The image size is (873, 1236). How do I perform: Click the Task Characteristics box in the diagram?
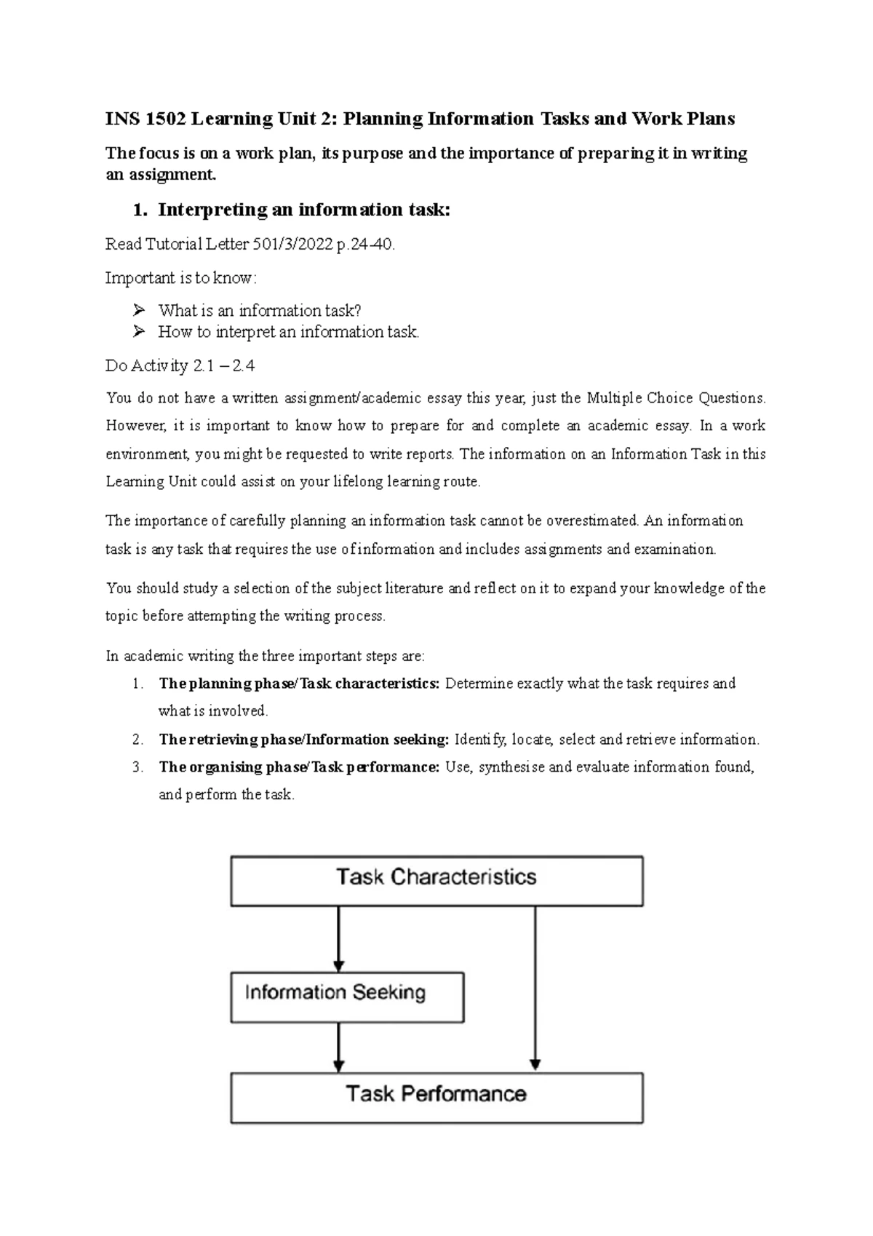(x=436, y=880)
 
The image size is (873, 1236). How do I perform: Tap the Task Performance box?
(x=436, y=1097)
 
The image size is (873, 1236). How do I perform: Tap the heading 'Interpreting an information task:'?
(x=304, y=210)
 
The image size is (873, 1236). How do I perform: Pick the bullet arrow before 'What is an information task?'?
(x=140, y=311)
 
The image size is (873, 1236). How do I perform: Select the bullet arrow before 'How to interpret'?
(x=140, y=333)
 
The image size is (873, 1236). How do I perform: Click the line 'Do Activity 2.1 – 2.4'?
(x=180, y=366)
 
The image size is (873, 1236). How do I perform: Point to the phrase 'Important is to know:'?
(x=181, y=278)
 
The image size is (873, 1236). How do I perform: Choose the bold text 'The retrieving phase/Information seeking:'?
(x=303, y=740)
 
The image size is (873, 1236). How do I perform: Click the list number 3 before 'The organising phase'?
(x=138, y=767)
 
